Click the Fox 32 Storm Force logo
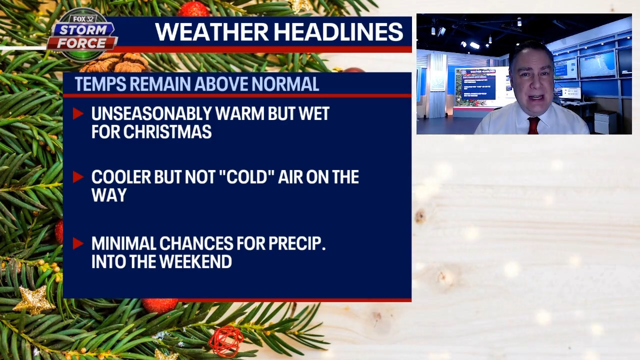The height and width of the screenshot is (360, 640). point(82,35)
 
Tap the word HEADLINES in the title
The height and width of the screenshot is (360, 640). point(341,32)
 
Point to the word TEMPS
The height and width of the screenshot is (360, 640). point(99,84)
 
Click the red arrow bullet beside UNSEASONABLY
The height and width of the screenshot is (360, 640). point(77,113)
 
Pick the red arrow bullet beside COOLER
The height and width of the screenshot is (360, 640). point(77,176)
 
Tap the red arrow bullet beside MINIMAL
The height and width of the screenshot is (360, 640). point(77,243)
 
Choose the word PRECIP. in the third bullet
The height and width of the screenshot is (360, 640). point(297,243)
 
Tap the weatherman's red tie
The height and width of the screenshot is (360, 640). point(533,125)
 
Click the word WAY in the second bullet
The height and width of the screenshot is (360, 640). point(109,195)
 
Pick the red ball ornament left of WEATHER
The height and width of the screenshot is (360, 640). point(193,9)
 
